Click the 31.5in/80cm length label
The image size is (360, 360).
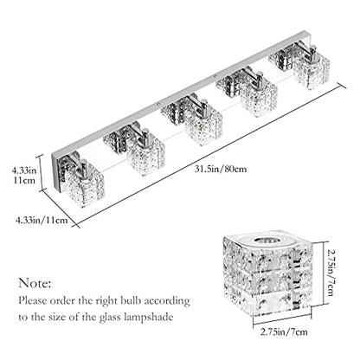221,169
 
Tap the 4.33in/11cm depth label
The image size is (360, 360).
42,221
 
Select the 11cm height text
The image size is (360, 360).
24,181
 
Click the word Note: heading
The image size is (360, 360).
35,283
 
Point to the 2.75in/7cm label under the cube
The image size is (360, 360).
284,332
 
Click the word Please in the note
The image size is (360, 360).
33,300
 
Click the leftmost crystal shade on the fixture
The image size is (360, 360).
84,186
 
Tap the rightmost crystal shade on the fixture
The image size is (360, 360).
312,68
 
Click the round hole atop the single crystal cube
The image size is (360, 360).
267,241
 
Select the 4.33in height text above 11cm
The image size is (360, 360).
24,170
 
